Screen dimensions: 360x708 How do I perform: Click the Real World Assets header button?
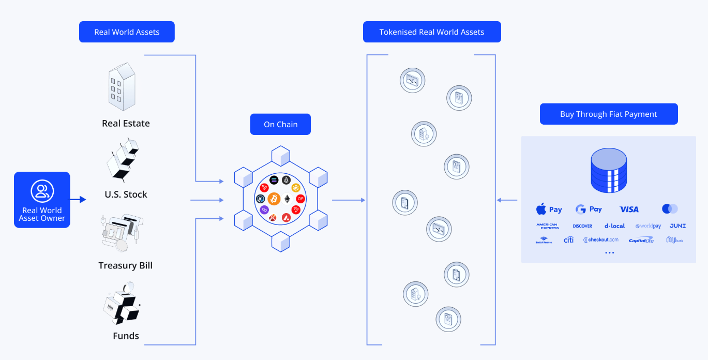pyautogui.click(x=127, y=32)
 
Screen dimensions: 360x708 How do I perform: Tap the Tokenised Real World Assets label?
pyautogui.click(x=432, y=32)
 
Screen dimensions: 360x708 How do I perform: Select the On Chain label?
pyautogui.click(x=280, y=124)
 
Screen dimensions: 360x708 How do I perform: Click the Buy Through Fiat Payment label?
pyautogui.click(x=608, y=114)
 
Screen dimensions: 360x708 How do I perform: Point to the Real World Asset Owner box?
pyautogui.click(x=42, y=200)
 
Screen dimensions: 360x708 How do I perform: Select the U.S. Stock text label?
pyautogui.click(x=126, y=194)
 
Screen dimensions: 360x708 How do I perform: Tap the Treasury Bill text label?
pyautogui.click(x=126, y=265)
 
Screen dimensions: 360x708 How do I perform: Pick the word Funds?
pyautogui.click(x=126, y=336)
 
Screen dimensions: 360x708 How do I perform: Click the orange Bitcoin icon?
pyautogui.click(x=274, y=199)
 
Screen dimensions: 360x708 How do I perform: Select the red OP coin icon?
pyautogui.click(x=300, y=199)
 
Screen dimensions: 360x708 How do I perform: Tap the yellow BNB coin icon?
pyautogui.click(x=296, y=187)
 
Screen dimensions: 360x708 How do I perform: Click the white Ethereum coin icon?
pyautogui.click(x=287, y=199)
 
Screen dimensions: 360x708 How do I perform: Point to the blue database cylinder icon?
pyautogui.click(x=609, y=170)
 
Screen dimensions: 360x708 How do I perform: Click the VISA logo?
pyautogui.click(x=629, y=209)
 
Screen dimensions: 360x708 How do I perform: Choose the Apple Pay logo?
pyautogui.click(x=549, y=209)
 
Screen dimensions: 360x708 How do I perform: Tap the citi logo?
pyautogui.click(x=568, y=240)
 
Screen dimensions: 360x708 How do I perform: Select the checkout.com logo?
pyautogui.click(x=601, y=240)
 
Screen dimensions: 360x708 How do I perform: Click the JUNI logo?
pyautogui.click(x=677, y=226)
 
